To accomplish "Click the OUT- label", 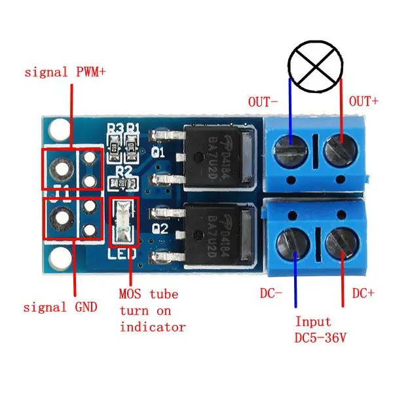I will (x=262, y=102).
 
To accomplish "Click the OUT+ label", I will (x=364, y=102).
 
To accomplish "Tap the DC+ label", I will (x=364, y=293).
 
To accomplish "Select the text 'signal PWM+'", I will (x=65, y=72).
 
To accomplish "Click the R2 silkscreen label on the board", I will (x=122, y=172).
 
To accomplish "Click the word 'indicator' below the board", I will (x=152, y=326).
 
